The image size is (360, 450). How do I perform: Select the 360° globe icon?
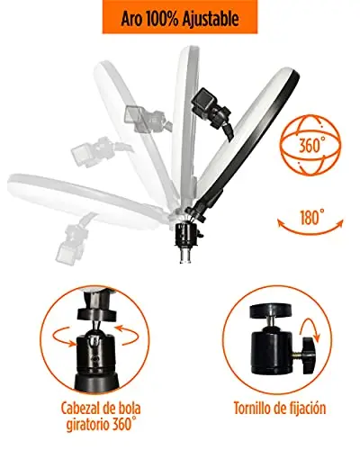click(x=310, y=145)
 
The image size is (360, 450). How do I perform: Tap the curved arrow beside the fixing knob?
click(x=311, y=329)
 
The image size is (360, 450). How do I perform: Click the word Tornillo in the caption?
click(x=252, y=408)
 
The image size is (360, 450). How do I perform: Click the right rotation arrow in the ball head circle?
click(x=126, y=334)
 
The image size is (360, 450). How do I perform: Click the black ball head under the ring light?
click(x=187, y=235)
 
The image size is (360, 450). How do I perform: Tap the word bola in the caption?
click(x=129, y=409)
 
